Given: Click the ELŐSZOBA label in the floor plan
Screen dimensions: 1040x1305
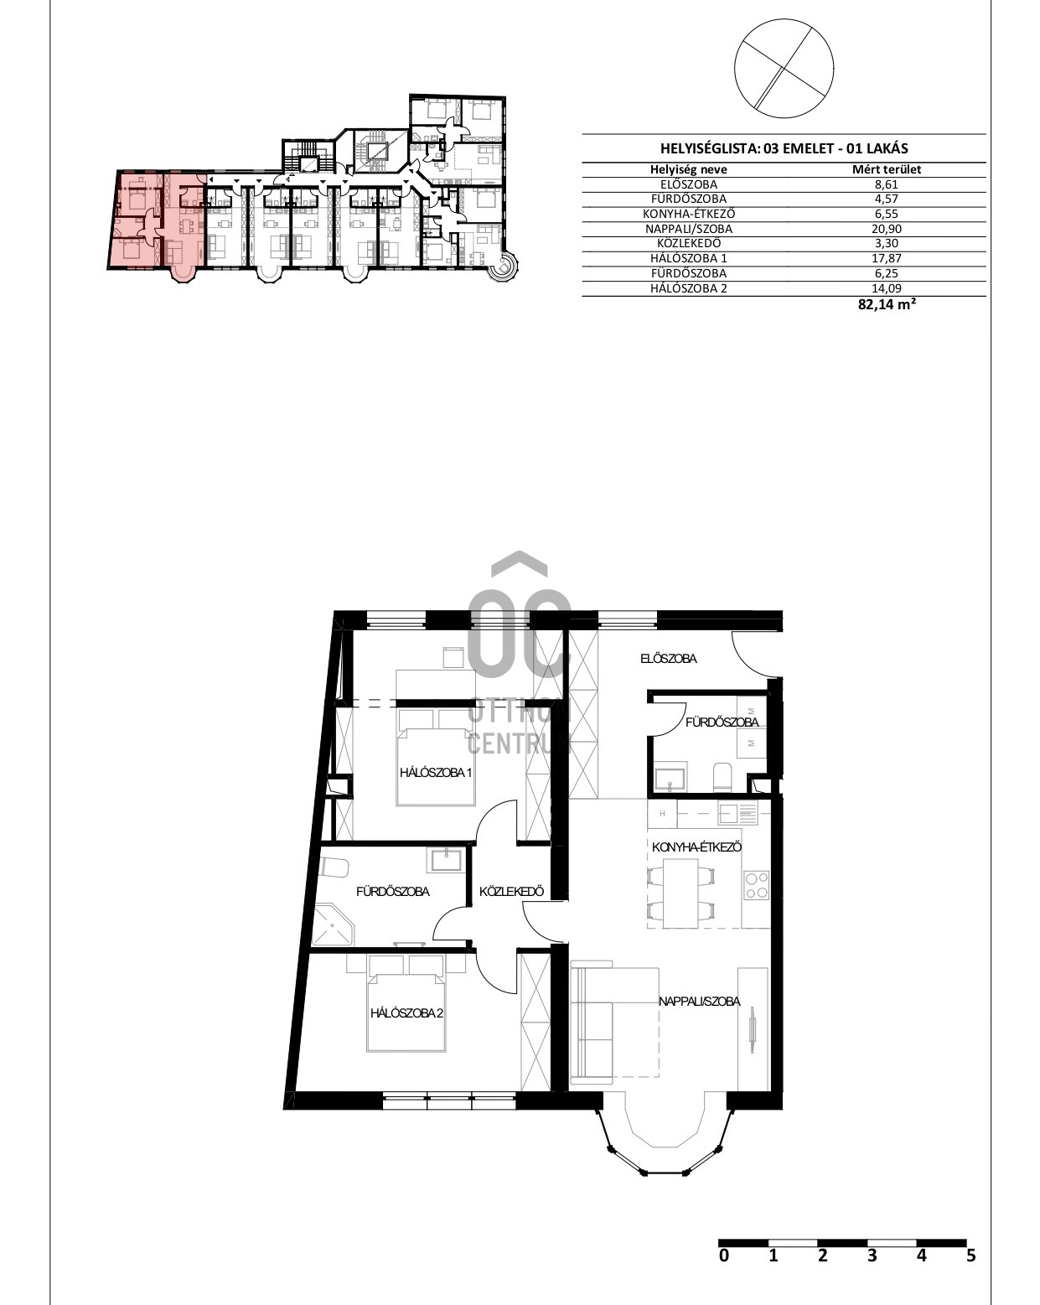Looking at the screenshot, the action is coord(668,658).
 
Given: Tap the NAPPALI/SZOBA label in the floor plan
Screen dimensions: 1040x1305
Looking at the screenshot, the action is coord(699,1001).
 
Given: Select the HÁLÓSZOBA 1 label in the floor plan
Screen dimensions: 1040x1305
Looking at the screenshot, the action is coord(435,772).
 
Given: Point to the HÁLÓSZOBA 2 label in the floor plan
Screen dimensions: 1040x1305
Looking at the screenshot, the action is coord(406,1012).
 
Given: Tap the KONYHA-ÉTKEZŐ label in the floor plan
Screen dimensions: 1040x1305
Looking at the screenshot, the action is coord(696,847).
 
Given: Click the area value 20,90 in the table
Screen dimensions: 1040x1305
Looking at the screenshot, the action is coord(886,229).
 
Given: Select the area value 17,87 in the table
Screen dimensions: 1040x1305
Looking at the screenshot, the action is coord(886,258).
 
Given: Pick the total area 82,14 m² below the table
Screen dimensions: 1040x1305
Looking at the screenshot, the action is coord(886,304).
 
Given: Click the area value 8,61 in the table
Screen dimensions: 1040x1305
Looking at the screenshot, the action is coord(886,185).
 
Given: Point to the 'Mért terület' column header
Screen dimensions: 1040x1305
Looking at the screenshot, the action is coord(886,170).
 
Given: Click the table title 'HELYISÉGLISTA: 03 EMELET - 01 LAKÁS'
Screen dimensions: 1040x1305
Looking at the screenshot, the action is coord(784,148).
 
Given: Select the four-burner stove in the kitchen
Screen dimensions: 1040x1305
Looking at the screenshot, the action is coord(756,885).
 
